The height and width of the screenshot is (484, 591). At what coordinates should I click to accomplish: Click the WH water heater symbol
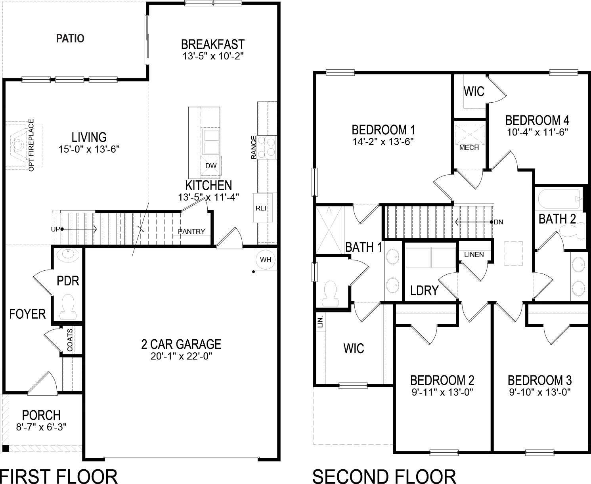266,260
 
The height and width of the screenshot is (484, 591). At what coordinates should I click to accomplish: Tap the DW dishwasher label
211,166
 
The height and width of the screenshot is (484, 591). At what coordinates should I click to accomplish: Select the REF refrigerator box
262,208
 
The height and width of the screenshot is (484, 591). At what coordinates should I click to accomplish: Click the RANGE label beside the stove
254,147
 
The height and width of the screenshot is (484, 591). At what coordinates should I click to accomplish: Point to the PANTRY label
191,231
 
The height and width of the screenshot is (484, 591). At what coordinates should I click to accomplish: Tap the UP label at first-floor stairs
55,229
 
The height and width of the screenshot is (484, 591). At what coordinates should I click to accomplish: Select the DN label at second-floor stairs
498,222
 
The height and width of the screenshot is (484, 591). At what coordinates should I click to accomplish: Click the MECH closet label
469,147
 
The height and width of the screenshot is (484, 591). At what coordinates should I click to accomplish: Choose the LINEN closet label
474,254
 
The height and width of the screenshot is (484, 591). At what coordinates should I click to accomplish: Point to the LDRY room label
424,291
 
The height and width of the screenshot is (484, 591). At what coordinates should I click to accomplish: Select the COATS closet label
70,340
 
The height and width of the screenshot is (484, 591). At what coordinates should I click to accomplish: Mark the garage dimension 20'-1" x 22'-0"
182,356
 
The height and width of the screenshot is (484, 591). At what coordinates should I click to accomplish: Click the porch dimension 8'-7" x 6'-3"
41,427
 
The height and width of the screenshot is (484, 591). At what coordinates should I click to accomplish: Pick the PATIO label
70,38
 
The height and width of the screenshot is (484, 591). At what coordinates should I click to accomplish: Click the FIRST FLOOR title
59,476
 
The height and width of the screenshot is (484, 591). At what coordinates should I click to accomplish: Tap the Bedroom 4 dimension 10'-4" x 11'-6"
537,132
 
